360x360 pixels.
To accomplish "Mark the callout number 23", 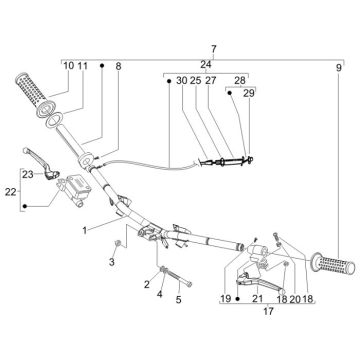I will click(27, 175).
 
